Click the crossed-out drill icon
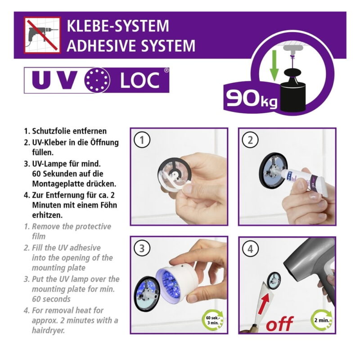click(42, 35)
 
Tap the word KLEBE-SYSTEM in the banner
click(118, 26)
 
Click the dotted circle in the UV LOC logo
click(97, 80)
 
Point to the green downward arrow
click(274, 66)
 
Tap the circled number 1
click(142, 140)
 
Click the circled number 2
click(250, 140)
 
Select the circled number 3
click(142, 248)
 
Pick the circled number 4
click(250, 249)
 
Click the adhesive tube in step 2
click(305, 178)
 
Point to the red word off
click(279, 324)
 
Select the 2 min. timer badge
click(321, 320)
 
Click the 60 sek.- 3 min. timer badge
click(212, 320)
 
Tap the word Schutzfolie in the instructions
click(53, 131)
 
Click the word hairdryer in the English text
click(49, 331)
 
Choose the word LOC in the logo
click(140, 80)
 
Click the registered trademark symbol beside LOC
click(166, 70)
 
